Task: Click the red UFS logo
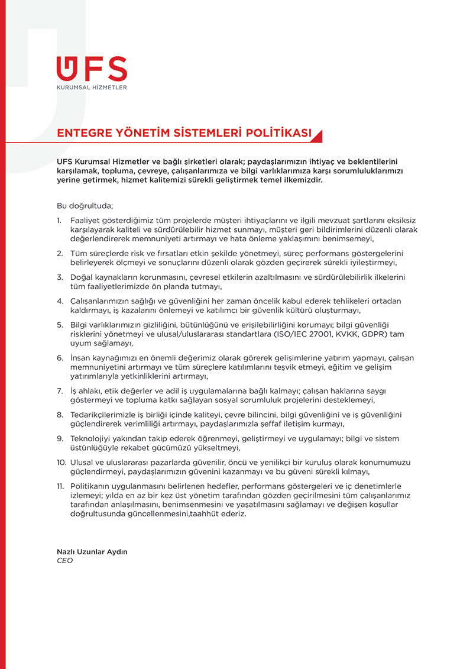(x=92, y=69)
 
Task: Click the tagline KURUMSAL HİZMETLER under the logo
(x=92, y=88)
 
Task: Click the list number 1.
(x=59, y=221)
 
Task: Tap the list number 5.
(x=59, y=324)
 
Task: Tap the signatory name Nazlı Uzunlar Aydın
(x=92, y=551)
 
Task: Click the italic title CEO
(x=64, y=561)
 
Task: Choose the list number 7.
(x=59, y=391)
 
